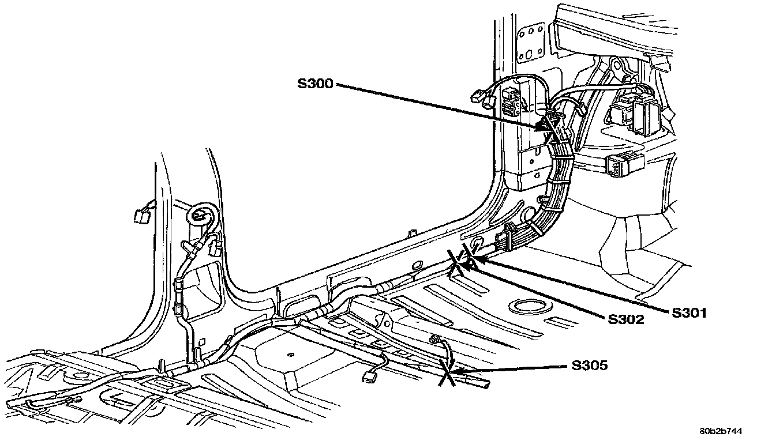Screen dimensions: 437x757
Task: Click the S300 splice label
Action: pyautogui.click(x=314, y=84)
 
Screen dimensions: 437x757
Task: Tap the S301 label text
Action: pyautogui.click(x=689, y=312)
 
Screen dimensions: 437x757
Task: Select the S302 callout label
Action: pyautogui.click(x=625, y=319)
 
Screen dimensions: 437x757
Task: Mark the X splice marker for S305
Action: pyautogui.click(x=448, y=371)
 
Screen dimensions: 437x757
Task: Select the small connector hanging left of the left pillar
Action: pyautogui.click(x=140, y=216)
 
